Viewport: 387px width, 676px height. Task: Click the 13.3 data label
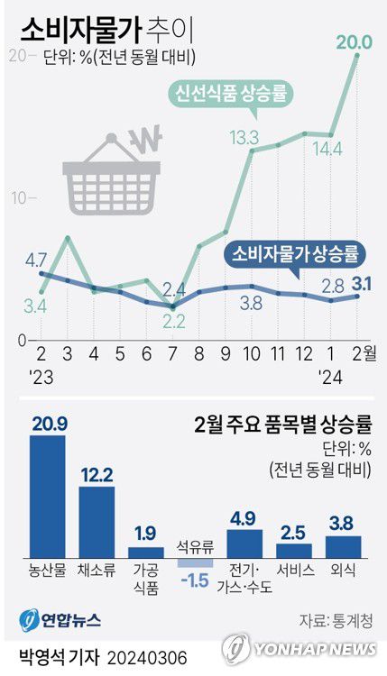tap(244, 138)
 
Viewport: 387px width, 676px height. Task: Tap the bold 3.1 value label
tap(361, 285)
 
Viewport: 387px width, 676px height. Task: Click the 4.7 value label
tap(36, 261)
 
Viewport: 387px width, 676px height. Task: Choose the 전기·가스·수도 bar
tap(244, 544)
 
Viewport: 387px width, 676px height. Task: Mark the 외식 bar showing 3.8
tap(343, 546)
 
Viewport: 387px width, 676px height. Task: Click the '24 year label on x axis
tap(332, 374)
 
